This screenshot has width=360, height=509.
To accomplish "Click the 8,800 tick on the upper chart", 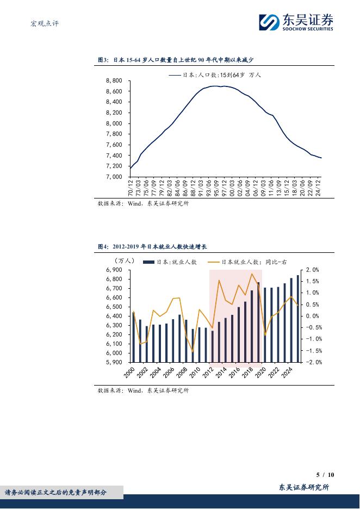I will (114, 80).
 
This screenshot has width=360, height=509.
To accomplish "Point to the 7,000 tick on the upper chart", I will (114, 177).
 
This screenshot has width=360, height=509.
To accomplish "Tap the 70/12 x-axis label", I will (131, 189).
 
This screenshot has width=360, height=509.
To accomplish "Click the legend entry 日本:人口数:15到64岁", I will (215, 75).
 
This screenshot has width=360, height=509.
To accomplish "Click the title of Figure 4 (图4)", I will (152, 247).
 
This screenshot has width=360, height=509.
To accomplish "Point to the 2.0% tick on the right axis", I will (313, 270).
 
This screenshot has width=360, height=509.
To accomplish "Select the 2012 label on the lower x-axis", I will (207, 373).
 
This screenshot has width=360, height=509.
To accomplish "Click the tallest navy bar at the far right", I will (297, 318).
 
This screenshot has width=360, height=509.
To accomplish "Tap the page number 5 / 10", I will (325, 474).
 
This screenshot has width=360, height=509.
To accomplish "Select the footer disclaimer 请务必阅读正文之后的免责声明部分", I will (55, 493).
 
